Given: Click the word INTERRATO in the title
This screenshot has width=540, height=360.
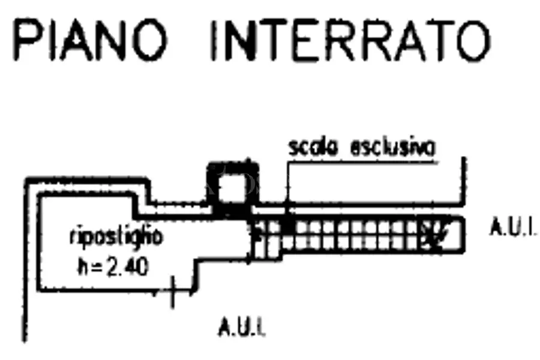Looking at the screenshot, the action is click(x=350, y=41).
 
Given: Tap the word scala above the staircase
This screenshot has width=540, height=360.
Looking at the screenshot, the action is click(x=313, y=148).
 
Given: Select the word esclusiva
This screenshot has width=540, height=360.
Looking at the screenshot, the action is click(x=392, y=148).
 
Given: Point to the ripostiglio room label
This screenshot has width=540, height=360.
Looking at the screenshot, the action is click(x=116, y=237).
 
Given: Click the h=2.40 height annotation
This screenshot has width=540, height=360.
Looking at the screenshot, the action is click(x=113, y=266).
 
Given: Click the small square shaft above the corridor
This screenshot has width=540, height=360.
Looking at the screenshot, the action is click(x=233, y=188).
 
